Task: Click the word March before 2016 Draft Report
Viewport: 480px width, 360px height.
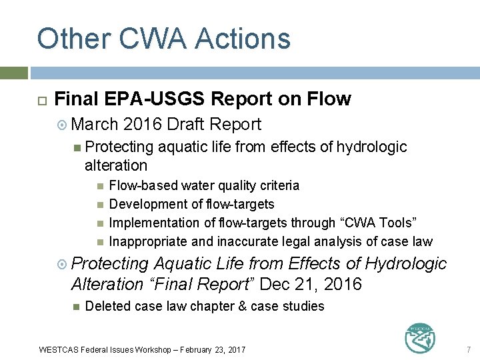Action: point(95,125)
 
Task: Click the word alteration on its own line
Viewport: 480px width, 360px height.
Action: point(116,165)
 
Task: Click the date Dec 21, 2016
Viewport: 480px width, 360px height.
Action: point(311,285)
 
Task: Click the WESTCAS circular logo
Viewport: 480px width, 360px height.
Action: point(421,338)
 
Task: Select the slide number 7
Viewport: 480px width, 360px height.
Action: point(469,349)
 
